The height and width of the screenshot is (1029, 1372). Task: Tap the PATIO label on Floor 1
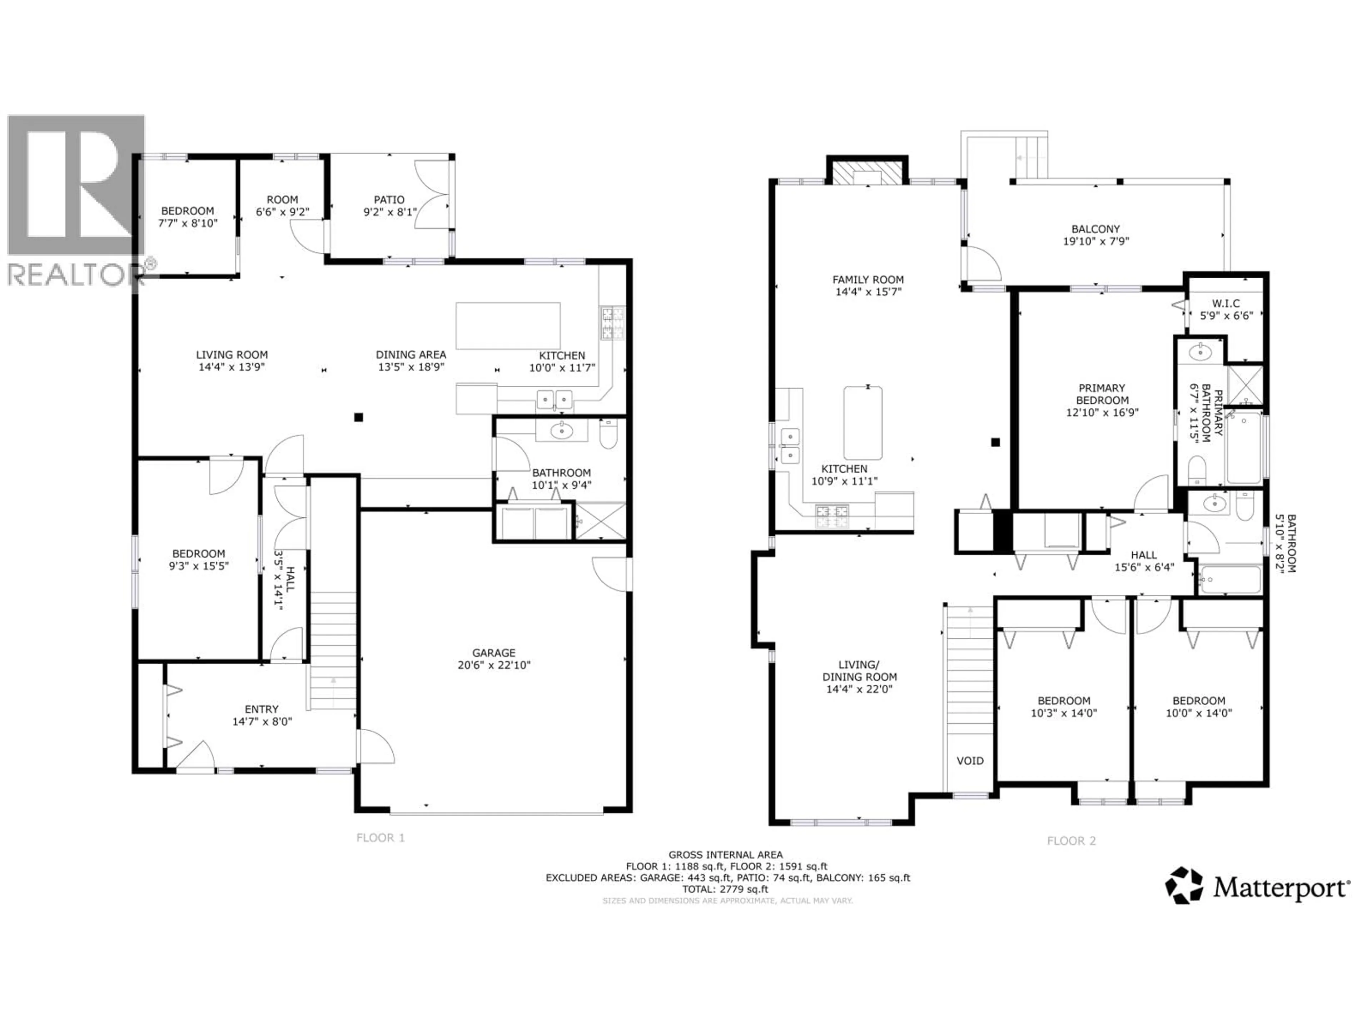point(389,200)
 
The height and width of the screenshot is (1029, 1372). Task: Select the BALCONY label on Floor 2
point(1096,229)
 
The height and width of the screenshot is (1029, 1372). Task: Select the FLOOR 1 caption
point(380,838)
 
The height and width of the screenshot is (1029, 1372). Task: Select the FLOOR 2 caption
point(1071,841)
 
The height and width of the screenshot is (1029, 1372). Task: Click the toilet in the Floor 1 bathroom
point(608,434)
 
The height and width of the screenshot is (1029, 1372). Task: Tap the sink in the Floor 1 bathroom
point(562,431)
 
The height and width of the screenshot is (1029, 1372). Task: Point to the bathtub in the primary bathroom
point(1244,448)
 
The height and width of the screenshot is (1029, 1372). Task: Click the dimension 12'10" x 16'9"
point(1102,412)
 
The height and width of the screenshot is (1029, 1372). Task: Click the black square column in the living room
point(358,417)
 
